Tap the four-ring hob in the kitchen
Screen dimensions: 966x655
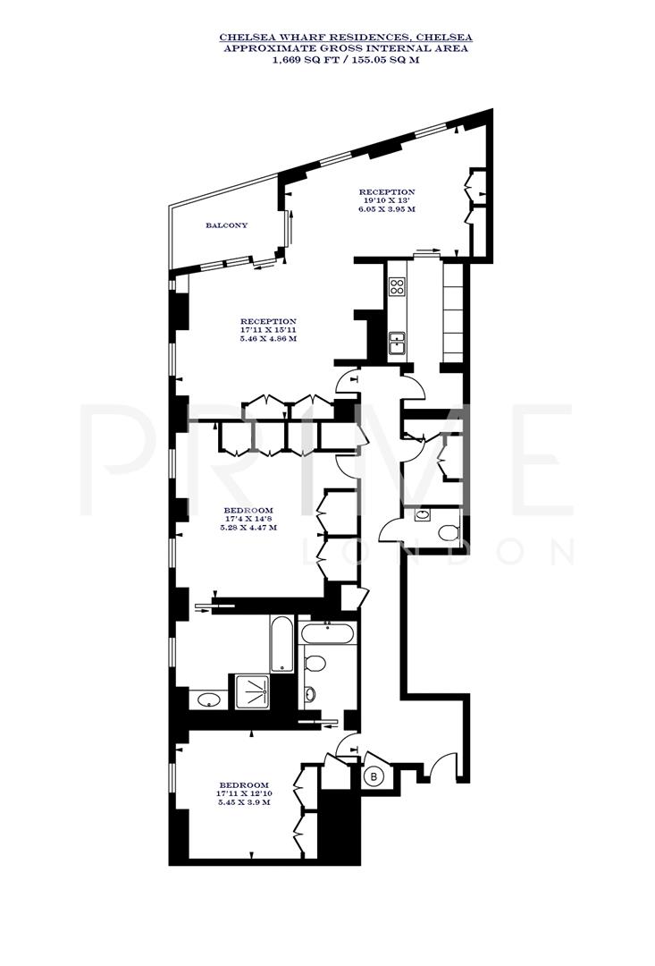click(x=397, y=287)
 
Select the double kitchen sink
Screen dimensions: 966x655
click(x=397, y=341)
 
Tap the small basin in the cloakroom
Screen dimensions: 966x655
click(x=424, y=515)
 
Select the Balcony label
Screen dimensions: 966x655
click(x=226, y=225)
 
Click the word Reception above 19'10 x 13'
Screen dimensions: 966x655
click(x=387, y=191)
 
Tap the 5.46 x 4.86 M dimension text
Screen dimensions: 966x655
click(x=268, y=340)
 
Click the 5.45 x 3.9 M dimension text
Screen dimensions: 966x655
click(x=244, y=802)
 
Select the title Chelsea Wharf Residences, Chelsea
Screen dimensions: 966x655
click(x=347, y=38)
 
